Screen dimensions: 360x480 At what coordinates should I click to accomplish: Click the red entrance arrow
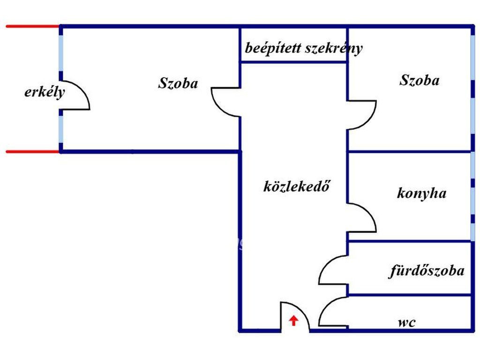point(293,321)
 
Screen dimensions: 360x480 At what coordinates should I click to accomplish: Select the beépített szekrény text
point(304,48)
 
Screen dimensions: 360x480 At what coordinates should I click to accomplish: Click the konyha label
point(421,193)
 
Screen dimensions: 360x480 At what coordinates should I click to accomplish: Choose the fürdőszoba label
point(427,270)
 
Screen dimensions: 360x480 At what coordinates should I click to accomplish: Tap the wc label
point(406,322)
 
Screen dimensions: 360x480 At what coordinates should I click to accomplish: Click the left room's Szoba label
point(178,83)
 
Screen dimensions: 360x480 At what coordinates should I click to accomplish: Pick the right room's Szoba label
point(419,80)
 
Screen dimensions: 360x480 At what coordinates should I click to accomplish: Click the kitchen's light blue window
point(472,197)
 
